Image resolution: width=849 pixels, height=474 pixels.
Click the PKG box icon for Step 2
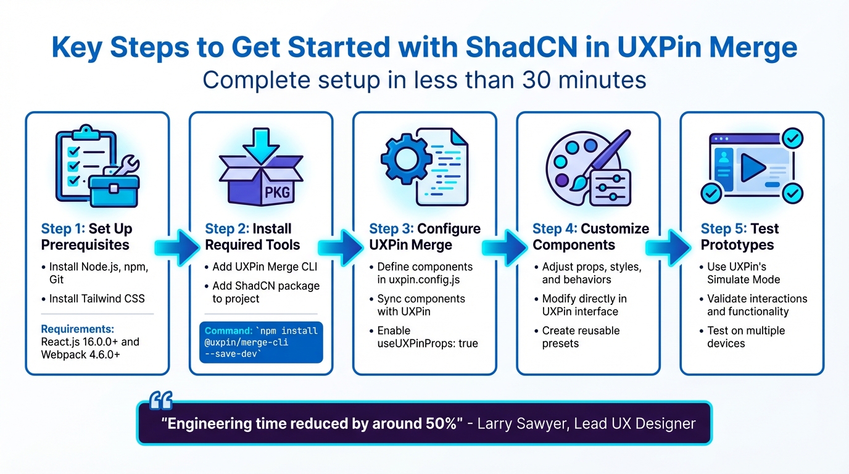[261, 165]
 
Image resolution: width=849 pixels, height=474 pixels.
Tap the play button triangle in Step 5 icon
[752, 167]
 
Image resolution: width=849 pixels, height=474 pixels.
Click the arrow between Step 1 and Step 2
[180, 246]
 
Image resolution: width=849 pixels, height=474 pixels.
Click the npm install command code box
[261, 340]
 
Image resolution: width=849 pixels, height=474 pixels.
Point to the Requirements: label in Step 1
[77, 328]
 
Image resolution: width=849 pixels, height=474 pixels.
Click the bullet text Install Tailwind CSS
[96, 299]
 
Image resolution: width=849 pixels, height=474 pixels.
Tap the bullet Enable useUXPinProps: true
[427, 337]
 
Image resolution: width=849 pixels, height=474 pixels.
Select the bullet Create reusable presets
[580, 337]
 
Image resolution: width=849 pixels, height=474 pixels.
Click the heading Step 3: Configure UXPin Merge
[424, 237]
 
